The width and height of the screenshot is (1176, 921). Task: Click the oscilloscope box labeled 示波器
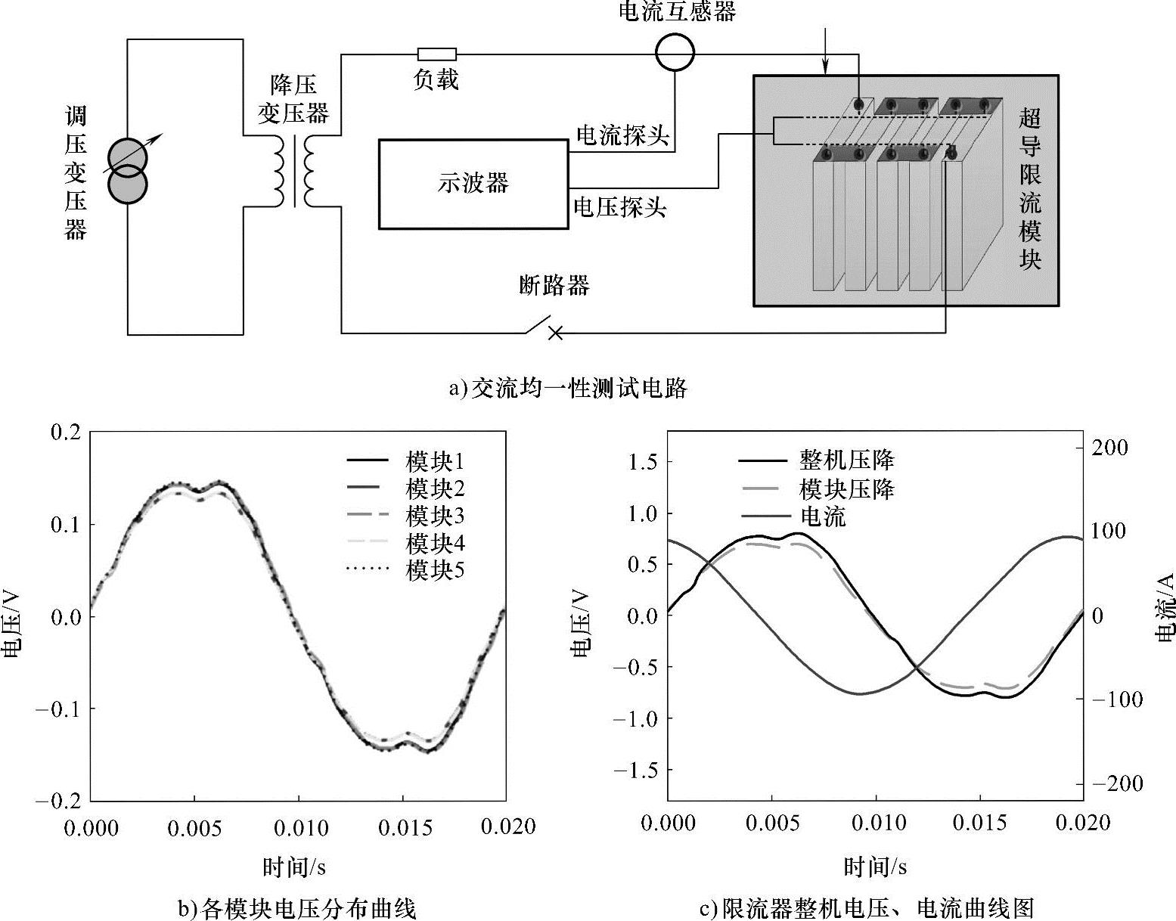pyautogui.click(x=473, y=184)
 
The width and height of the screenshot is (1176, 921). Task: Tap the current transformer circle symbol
pyautogui.click(x=674, y=53)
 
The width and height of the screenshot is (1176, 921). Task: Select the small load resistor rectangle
pyautogui.click(x=437, y=54)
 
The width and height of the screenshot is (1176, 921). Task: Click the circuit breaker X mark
pyautogui.click(x=555, y=333)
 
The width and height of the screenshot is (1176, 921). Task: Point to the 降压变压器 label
pyautogui.click(x=293, y=99)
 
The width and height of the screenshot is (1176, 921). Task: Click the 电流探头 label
pyautogui.click(x=622, y=135)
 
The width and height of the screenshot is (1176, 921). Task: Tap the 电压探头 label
pyautogui.click(x=620, y=206)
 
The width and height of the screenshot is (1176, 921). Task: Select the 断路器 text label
pyautogui.click(x=554, y=285)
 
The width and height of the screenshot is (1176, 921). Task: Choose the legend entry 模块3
pyautogui.click(x=435, y=516)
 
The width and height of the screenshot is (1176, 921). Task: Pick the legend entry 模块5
pyautogui.click(x=435, y=571)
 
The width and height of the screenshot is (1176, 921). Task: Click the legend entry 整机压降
pyautogui.click(x=846, y=460)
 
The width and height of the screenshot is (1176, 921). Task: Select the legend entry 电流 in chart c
pyautogui.click(x=822, y=517)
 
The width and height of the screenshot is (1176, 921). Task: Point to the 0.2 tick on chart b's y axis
pyautogui.click(x=64, y=433)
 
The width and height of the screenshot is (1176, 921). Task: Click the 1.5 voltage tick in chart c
pyautogui.click(x=643, y=461)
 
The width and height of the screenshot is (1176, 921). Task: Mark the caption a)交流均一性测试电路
pyautogui.click(x=568, y=389)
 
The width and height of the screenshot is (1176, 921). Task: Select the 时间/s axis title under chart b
pyautogui.click(x=295, y=867)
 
